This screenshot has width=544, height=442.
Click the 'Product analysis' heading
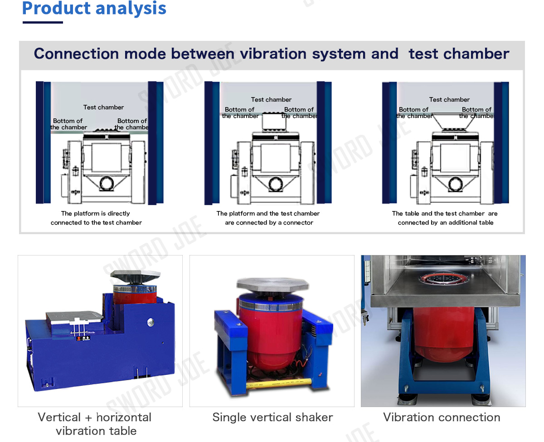(94, 8)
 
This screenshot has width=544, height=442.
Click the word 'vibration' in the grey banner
(273, 54)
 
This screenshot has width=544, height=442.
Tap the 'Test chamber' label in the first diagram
(103, 107)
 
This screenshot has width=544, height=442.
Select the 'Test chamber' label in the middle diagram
(271, 99)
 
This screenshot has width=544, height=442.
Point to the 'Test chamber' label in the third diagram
(449, 99)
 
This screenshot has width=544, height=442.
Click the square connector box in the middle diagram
(274, 121)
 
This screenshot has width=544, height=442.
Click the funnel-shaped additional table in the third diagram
(454, 121)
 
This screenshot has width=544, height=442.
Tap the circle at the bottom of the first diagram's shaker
(107, 183)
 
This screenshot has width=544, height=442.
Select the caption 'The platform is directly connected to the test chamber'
(96, 218)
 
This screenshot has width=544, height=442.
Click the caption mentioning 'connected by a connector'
(268, 218)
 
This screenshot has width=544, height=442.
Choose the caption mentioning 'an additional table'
(445, 218)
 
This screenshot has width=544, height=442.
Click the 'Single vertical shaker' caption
(272, 417)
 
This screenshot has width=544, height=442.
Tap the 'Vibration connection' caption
(442, 417)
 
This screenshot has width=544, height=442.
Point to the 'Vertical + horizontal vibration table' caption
(95, 424)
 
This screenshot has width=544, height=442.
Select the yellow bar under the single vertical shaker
(279, 383)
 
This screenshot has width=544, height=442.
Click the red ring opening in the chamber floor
(445, 278)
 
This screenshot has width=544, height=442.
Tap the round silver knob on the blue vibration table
(151, 322)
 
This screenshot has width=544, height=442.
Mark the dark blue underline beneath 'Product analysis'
(43, 23)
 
